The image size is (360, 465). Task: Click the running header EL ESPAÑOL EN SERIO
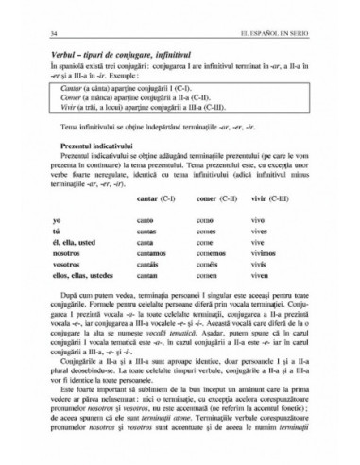281,35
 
